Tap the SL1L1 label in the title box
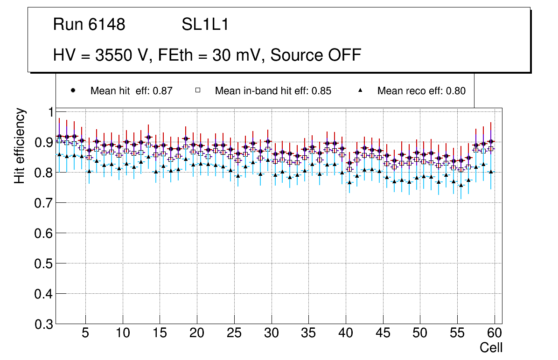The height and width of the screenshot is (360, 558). coord(205,25)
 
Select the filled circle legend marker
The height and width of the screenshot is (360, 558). coord(73,90)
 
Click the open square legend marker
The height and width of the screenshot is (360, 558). coord(197,90)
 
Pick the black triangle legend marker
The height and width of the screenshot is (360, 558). coord(360,90)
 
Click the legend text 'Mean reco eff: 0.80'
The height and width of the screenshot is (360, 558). coord(421,91)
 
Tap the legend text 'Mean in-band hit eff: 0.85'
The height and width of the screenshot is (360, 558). coord(273,91)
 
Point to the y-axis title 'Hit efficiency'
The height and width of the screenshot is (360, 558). coord(20,146)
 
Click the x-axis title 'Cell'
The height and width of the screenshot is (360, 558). coord(491,347)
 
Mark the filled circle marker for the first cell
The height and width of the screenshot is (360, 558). coord(59,136)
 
